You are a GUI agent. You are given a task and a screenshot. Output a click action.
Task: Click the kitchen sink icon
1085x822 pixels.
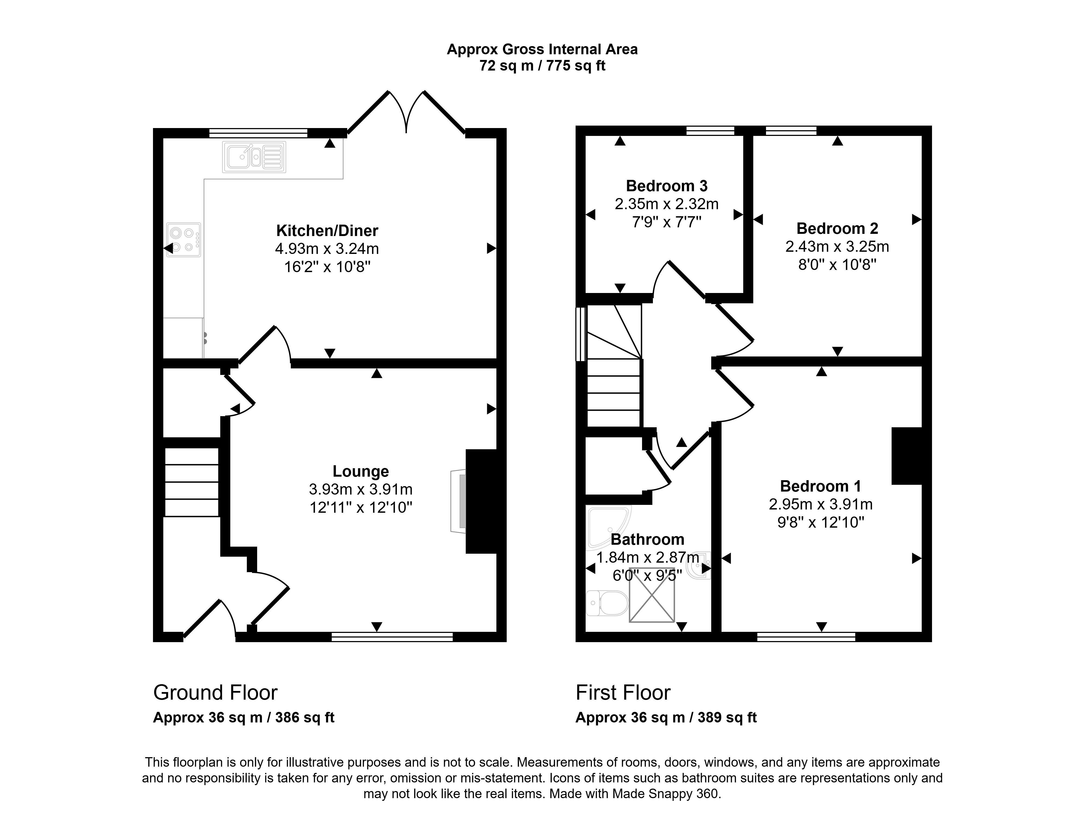click(x=254, y=157)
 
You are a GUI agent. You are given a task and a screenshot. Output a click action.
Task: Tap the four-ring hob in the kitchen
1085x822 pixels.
click(x=183, y=240)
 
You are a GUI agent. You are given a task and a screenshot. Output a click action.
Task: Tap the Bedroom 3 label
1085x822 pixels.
click(x=667, y=186)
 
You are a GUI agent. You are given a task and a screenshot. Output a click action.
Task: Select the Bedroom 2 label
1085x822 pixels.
click(x=837, y=228)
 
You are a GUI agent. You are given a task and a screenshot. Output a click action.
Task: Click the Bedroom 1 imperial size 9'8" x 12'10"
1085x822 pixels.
click(x=821, y=522)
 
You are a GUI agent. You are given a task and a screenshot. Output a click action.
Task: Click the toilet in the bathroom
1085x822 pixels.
click(x=607, y=603)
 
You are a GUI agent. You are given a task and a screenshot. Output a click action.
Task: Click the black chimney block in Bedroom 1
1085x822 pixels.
click(x=907, y=456)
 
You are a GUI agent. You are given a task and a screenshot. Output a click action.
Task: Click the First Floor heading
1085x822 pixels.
click(x=623, y=693)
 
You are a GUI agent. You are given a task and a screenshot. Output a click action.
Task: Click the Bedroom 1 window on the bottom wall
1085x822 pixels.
click(x=806, y=637)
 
